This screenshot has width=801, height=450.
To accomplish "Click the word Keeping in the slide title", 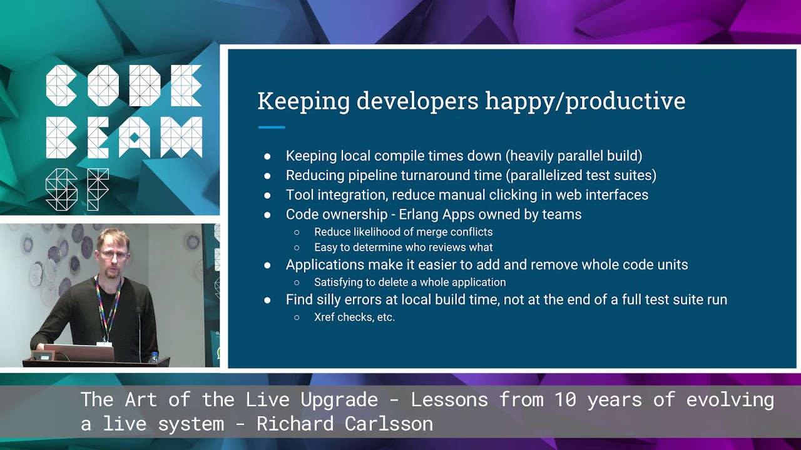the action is [304, 102].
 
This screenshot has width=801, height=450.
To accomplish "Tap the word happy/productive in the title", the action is [585, 102].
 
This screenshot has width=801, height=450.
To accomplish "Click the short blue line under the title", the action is [272, 127].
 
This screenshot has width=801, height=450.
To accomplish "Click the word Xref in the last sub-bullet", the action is [324, 317].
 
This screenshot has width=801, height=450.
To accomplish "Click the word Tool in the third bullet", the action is [299, 195].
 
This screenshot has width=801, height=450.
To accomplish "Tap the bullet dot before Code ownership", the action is [267, 215].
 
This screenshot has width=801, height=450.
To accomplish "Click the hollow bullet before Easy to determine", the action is [297, 247].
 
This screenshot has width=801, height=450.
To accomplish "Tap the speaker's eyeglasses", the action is [114, 254].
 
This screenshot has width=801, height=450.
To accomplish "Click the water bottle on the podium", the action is [154, 357].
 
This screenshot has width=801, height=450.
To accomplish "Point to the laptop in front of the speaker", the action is [79, 353].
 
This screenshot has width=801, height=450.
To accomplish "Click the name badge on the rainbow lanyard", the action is [104, 344].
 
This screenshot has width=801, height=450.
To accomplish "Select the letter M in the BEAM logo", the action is [181, 137].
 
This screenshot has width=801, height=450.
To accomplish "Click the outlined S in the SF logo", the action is [61, 189].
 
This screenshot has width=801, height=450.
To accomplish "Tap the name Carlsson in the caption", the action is [389, 424].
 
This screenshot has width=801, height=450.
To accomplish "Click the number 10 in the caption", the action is [566, 399].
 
